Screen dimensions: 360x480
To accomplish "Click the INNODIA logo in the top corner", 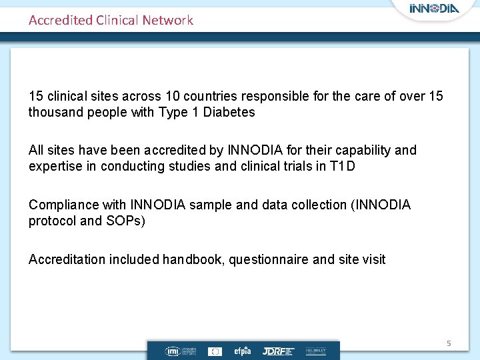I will point(435,9).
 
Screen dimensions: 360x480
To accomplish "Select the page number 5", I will point(449,343).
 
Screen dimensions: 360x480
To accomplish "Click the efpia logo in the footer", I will point(242,351).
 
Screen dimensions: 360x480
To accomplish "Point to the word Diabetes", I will point(229,112).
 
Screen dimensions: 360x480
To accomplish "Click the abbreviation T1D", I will point(343,166).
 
